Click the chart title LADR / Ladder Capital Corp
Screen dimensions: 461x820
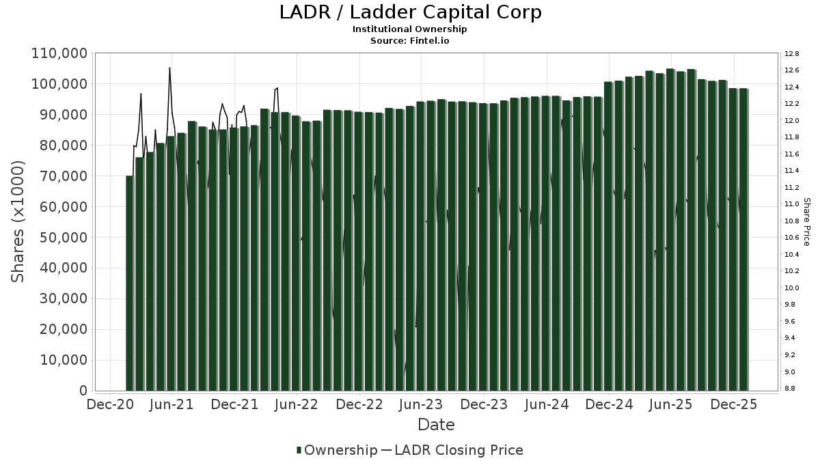pos(410,12)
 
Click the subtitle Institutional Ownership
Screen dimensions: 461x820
pos(410,29)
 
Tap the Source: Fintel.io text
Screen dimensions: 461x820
pos(410,40)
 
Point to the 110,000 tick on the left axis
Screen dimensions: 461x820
pos(59,53)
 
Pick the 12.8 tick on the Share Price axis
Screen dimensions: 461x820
pos(792,53)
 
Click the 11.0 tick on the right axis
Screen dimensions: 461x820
pos(792,204)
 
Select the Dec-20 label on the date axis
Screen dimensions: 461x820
pos(110,404)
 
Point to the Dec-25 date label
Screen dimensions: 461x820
pos(734,404)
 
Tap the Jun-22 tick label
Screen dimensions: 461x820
pos(297,404)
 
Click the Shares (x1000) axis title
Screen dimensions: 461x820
pos(18,222)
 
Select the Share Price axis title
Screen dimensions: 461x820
pos(806,222)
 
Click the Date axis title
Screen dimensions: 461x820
pos(436,425)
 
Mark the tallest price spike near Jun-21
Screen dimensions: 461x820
pos(169,68)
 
